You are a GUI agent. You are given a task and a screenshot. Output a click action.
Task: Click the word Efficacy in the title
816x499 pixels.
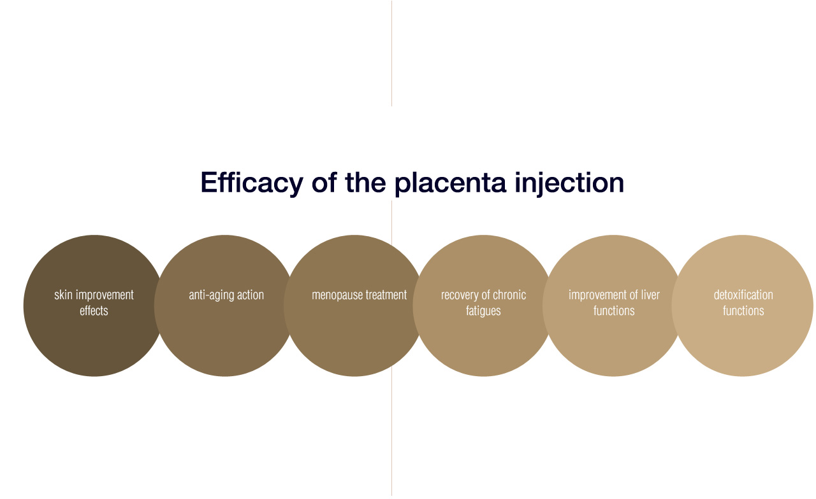(252, 183)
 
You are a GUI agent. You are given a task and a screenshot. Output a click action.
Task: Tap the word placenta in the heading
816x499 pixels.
(450, 183)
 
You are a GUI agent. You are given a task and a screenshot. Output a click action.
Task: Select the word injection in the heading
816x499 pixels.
(569, 183)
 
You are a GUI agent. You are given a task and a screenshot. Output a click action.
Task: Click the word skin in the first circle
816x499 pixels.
(63, 295)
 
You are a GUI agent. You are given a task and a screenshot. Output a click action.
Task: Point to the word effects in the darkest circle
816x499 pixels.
(94, 311)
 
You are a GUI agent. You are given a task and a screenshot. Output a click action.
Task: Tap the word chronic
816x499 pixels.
(510, 295)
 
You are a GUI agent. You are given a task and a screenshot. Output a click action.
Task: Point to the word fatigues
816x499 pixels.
(483, 311)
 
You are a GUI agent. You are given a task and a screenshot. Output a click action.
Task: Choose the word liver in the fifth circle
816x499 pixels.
(650, 295)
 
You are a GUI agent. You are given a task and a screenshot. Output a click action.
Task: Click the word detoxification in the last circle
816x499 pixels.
(743, 295)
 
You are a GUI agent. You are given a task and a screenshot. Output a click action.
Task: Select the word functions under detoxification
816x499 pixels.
(743, 311)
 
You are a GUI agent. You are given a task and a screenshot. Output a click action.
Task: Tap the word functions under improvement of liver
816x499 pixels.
(614, 311)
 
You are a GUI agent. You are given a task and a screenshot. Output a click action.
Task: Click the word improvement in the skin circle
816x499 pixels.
(105, 295)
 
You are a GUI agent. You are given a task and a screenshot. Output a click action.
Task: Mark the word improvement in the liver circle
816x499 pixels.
(597, 295)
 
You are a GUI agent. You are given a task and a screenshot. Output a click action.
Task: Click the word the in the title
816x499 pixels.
(366, 182)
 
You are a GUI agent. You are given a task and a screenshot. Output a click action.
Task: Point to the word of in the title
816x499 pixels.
(324, 182)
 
